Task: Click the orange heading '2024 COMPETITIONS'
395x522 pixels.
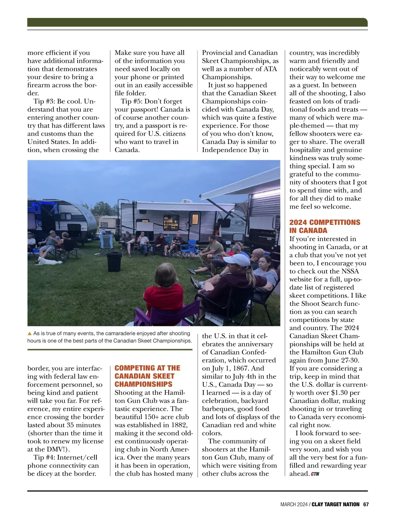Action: click(325, 222)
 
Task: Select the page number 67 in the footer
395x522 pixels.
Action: click(366, 504)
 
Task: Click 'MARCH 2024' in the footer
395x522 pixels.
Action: click(294, 504)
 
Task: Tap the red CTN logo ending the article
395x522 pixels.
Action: click(315, 474)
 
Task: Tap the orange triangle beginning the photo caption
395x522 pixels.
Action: click(30, 334)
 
